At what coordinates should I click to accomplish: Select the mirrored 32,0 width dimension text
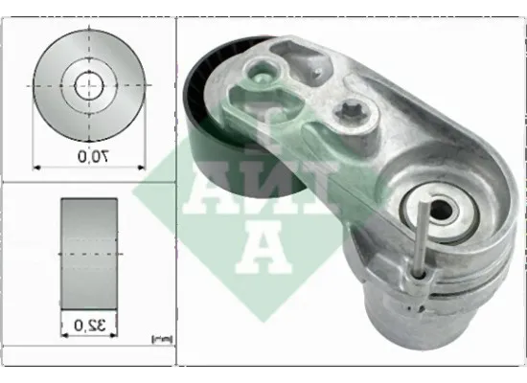point(89,325)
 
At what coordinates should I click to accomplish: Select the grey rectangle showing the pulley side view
point(89,255)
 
